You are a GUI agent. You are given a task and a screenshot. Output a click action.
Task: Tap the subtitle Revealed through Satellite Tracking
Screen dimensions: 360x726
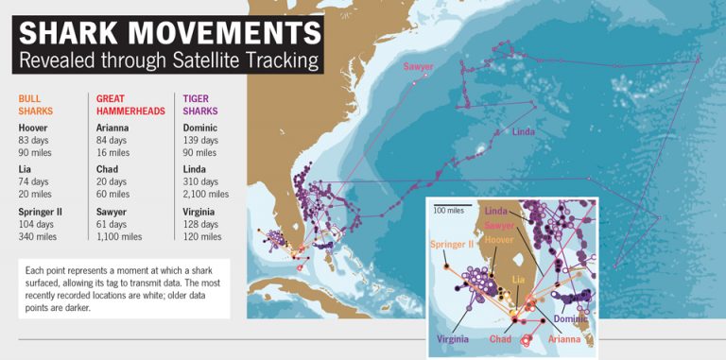point(169,62)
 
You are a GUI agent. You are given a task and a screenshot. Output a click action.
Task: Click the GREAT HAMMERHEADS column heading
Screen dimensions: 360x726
point(130,104)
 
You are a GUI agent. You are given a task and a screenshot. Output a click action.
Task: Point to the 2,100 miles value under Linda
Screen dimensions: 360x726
point(207,194)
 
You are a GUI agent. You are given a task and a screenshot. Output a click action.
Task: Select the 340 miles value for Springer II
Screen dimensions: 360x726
point(40,237)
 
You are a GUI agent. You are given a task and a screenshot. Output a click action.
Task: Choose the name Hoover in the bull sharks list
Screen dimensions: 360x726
point(34,128)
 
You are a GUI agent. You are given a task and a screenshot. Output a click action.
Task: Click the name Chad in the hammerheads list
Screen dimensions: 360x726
point(107,170)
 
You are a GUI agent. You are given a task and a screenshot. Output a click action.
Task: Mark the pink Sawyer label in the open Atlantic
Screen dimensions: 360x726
point(419,67)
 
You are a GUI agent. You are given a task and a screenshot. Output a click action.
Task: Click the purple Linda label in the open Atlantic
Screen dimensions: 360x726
point(526,131)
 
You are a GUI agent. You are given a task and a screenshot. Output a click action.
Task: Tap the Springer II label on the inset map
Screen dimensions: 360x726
point(451,244)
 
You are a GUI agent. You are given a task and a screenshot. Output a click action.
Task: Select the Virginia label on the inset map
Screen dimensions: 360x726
point(454,338)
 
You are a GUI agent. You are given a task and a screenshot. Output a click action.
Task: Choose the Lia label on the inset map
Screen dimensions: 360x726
point(518,280)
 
